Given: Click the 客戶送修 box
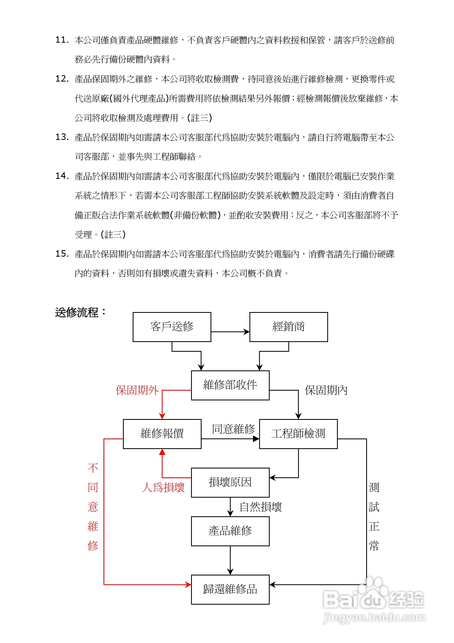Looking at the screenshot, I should pyautogui.click(x=172, y=327).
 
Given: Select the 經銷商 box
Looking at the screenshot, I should pyautogui.click(x=288, y=327).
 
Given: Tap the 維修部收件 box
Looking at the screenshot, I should pyautogui.click(x=230, y=385).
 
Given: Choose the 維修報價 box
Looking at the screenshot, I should pyautogui.click(x=162, y=434).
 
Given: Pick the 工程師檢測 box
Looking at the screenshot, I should pyautogui.click(x=298, y=434).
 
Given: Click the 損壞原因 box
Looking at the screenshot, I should pyautogui.click(x=230, y=482).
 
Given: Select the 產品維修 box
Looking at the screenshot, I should pyautogui.click(x=230, y=531).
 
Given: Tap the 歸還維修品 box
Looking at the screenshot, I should pyautogui.click(x=230, y=589).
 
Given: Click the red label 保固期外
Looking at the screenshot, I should pyautogui.click(x=137, y=390).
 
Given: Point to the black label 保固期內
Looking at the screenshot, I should pyautogui.click(x=326, y=390).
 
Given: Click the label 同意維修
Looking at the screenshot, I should pyautogui.click(x=233, y=429).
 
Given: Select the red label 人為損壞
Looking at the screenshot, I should pyautogui.click(x=163, y=487).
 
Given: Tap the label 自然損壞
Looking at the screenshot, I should pyautogui.click(x=261, y=507).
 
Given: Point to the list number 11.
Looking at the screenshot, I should pyautogui.click(x=62, y=40).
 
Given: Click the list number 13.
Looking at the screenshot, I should pyautogui.click(x=62, y=137).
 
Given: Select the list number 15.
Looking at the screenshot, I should pyautogui.click(x=62, y=254).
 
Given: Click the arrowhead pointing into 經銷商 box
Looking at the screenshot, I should pyautogui.click(x=247, y=332).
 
